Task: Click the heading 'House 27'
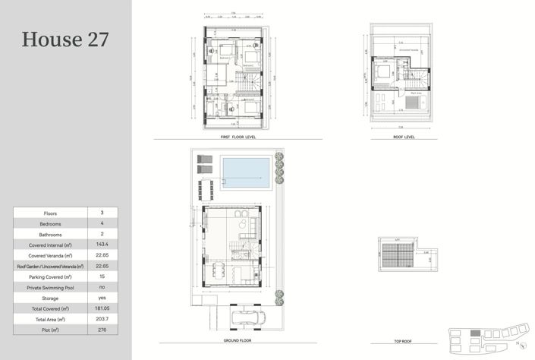click(x=65, y=39)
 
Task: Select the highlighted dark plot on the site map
click(x=475, y=333)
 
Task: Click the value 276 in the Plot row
click(x=102, y=330)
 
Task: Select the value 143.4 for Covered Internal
click(x=102, y=244)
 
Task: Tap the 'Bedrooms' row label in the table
click(x=50, y=224)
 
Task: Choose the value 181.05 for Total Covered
click(x=102, y=309)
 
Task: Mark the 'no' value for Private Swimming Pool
click(x=102, y=287)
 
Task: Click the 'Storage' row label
click(x=50, y=298)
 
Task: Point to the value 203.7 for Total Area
click(x=102, y=320)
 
